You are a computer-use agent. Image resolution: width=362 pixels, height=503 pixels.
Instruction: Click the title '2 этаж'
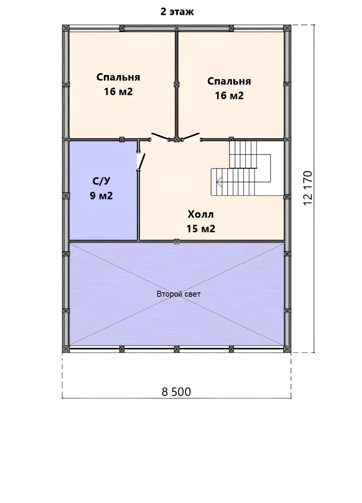point(177,12)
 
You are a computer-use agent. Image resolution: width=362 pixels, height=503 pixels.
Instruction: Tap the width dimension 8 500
point(176,392)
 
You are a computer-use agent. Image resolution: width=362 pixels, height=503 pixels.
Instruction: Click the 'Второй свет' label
point(179,294)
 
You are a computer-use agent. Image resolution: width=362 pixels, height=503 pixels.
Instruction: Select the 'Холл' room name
point(201,214)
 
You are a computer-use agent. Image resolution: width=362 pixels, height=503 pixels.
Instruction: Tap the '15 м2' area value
point(201,229)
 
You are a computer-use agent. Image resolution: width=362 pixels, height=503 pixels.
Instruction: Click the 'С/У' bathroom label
point(101,181)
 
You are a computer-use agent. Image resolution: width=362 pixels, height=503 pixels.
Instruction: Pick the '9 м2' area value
point(101,196)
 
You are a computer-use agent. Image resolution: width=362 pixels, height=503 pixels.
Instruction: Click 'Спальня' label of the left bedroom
point(118,77)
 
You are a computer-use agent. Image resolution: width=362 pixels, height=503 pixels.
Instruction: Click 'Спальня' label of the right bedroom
point(229,81)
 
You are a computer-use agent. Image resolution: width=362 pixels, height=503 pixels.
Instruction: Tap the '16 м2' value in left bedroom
point(119,92)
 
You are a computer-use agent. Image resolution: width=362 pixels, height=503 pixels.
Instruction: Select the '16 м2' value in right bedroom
point(229,95)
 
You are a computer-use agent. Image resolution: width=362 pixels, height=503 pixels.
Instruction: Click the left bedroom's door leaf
point(159,136)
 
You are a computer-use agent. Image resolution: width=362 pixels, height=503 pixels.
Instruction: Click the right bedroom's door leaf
point(191,136)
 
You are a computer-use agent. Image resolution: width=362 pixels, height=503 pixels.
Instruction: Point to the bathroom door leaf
point(142,161)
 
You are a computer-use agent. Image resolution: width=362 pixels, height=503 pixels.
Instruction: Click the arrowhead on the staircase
point(219,182)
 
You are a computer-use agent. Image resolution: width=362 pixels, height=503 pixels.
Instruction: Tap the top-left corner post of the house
point(66,28)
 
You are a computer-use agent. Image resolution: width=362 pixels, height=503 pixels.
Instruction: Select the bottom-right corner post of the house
point(287,349)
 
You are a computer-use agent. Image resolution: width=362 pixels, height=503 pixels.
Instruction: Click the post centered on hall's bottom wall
point(177,241)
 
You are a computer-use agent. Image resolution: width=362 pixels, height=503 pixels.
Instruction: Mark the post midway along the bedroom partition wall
point(177,84)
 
